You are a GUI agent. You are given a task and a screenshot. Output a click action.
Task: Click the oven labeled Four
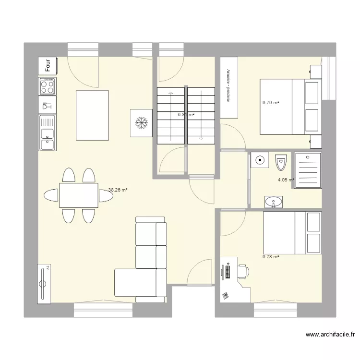pyautogui.click(x=48, y=66)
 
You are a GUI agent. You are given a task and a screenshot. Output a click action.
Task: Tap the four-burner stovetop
pyautogui.click(x=48, y=86)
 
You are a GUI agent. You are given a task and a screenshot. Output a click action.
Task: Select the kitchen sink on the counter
pyautogui.click(x=48, y=133)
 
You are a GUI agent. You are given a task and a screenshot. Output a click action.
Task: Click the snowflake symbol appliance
pyautogui.click(x=141, y=123)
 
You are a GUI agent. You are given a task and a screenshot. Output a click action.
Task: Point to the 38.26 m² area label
pyautogui.click(x=118, y=190)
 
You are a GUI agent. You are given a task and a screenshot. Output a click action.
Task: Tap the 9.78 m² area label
pyautogui.click(x=271, y=256)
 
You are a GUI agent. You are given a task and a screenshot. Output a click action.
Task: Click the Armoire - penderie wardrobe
pyautogui.click(x=228, y=87)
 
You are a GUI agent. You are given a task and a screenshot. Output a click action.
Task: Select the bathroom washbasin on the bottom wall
pyautogui.click(x=274, y=202)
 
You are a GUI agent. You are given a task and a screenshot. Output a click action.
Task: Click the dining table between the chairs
pyautogui.click(x=79, y=195)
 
